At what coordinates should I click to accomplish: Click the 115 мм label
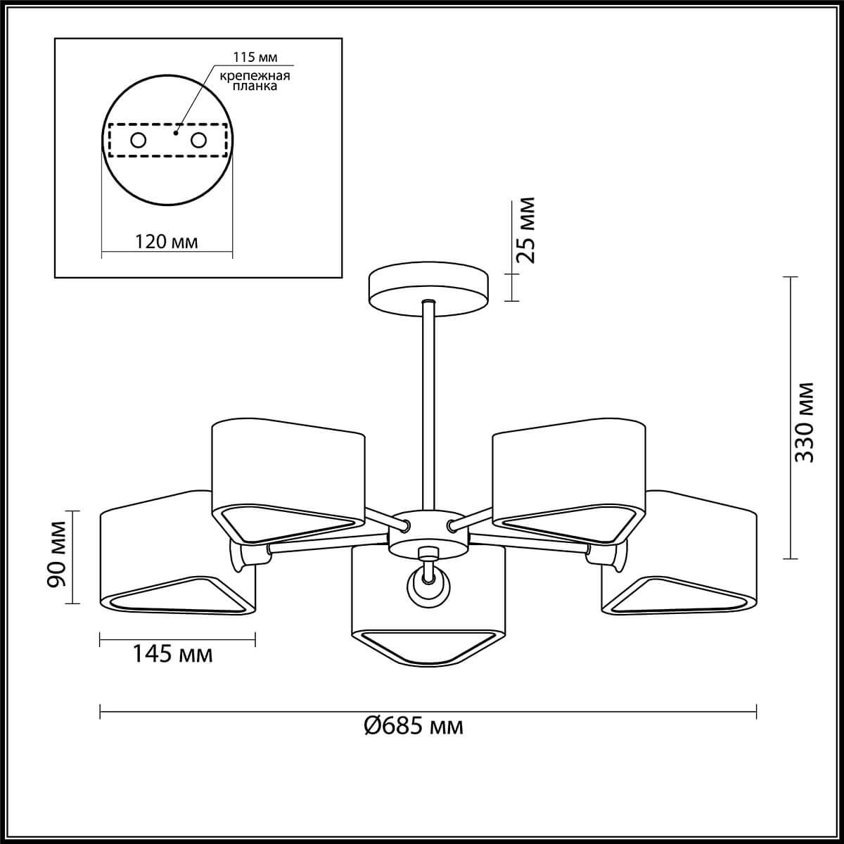(255, 58)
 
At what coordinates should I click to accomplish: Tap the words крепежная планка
(255, 81)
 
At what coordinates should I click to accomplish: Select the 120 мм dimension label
(166, 241)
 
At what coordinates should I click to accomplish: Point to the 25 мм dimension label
(526, 230)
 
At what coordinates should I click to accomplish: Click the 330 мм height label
(804, 423)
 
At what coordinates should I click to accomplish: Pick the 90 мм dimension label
(57, 554)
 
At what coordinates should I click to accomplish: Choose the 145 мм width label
(172, 667)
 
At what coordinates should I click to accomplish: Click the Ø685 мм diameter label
(414, 726)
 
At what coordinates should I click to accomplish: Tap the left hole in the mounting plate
(139, 141)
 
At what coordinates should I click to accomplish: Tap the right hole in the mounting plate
(198, 141)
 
